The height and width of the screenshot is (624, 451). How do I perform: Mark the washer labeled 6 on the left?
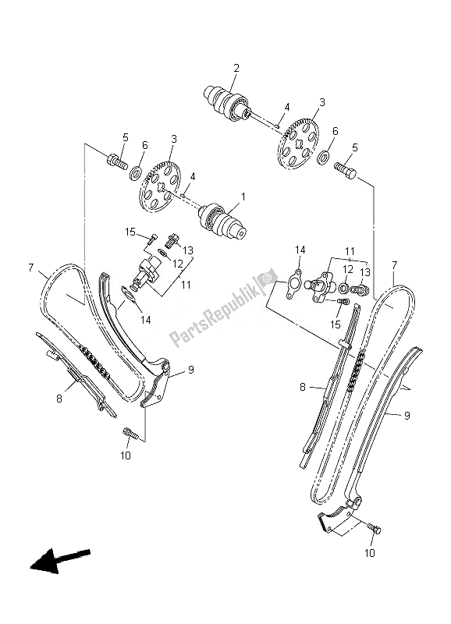136,172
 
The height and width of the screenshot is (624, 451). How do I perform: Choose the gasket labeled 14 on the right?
294,282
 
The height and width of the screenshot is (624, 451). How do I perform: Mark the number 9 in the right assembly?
407,416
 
